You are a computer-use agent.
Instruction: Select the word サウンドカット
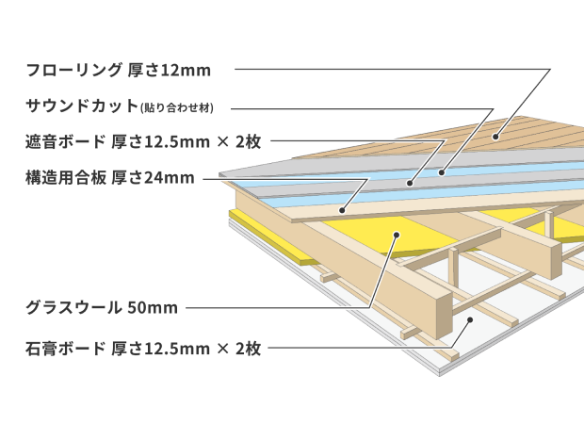click(x=81, y=106)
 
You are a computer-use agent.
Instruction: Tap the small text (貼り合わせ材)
click(x=183, y=106)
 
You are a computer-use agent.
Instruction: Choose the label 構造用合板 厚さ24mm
click(x=109, y=176)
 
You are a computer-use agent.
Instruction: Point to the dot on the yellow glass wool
click(x=397, y=253)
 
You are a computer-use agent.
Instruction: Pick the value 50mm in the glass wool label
click(x=154, y=307)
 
